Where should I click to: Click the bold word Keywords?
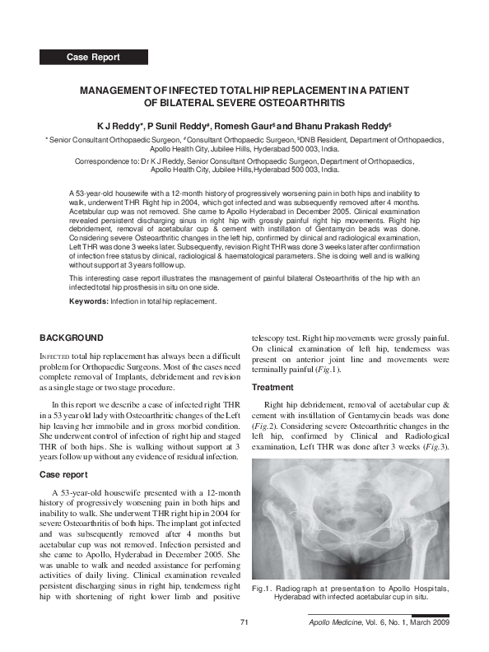89,302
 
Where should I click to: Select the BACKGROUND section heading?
72,338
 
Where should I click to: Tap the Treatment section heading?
272,387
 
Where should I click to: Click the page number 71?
244,622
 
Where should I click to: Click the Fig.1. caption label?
263,589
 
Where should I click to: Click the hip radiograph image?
350,517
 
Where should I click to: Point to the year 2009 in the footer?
438,622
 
